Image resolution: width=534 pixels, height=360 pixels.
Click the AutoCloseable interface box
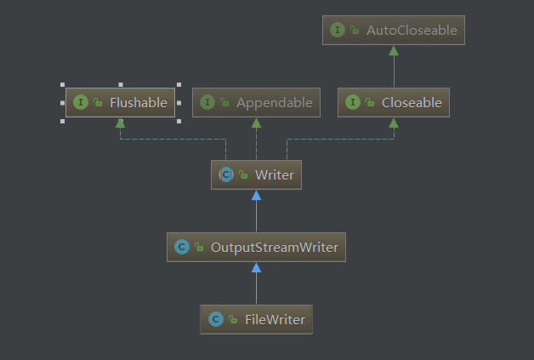pos(394,30)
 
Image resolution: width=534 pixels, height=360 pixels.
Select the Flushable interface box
pos(121,103)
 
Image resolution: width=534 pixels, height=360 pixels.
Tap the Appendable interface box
pos(256,103)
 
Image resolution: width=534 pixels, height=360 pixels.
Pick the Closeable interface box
pos(394,103)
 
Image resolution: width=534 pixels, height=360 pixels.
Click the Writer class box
pos(256,174)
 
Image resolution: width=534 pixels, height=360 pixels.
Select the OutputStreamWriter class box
pos(256,247)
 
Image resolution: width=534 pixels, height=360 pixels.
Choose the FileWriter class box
pos(256,319)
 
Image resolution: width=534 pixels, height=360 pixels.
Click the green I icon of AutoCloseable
pos(338,30)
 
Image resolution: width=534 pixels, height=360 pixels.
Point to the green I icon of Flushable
pos(81,103)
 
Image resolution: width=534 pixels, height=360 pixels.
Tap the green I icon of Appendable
pos(207,103)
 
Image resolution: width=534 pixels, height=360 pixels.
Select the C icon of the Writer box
pos(226,174)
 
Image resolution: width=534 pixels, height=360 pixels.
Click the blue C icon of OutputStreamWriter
pos(181,247)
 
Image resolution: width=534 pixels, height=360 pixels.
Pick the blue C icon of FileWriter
pos(215,319)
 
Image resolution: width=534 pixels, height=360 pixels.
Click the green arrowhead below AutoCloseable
pos(394,50)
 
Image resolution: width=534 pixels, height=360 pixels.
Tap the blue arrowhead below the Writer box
pos(256,196)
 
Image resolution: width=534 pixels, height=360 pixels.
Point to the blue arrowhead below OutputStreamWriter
pos(256,268)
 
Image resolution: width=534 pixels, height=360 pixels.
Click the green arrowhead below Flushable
pos(121,123)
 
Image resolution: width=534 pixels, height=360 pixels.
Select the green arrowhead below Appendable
pos(256,123)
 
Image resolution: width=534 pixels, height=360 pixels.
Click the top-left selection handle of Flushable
pos(63,85)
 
